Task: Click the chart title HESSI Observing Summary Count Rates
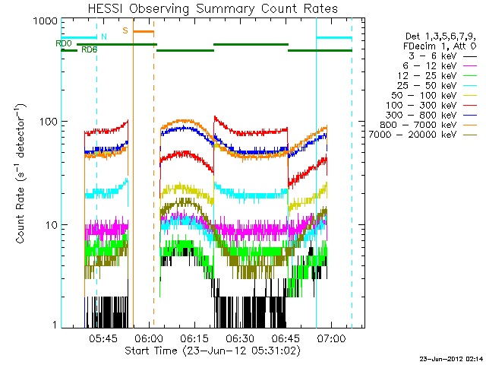pyautogui.click(x=213, y=8)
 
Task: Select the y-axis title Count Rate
pyautogui.click(x=21, y=173)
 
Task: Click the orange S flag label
pyautogui.click(x=125, y=30)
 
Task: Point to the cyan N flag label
pyautogui.click(x=104, y=36)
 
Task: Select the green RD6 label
pyautogui.click(x=89, y=50)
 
